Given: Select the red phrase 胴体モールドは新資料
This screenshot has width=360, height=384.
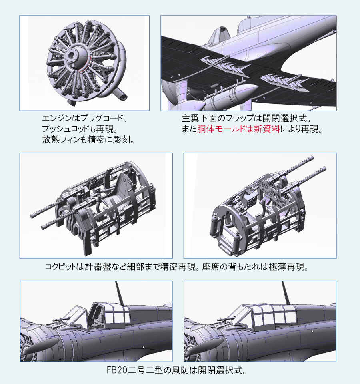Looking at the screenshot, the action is click(238, 129).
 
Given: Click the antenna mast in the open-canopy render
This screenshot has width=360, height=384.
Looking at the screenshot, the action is click(119, 293).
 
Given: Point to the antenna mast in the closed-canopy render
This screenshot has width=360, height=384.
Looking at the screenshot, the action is click(286, 293).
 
